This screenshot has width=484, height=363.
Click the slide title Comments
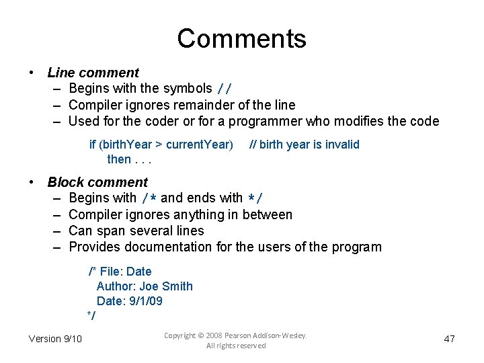click(241, 38)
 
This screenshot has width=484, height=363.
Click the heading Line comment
click(93, 73)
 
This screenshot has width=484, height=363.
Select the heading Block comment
click(97, 182)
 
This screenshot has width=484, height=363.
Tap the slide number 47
click(450, 339)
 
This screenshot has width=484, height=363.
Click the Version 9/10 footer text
click(55, 338)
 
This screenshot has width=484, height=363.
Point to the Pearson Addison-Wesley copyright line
click(235, 334)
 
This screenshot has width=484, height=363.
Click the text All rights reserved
click(235, 346)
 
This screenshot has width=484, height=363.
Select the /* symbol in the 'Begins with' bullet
click(149, 198)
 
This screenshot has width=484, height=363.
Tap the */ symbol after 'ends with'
click(255, 198)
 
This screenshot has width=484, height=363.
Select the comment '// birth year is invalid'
click(305, 145)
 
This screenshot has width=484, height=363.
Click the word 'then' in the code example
click(119, 159)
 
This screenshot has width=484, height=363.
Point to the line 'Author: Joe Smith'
click(145, 286)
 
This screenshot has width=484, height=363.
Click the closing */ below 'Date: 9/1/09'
click(91, 316)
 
